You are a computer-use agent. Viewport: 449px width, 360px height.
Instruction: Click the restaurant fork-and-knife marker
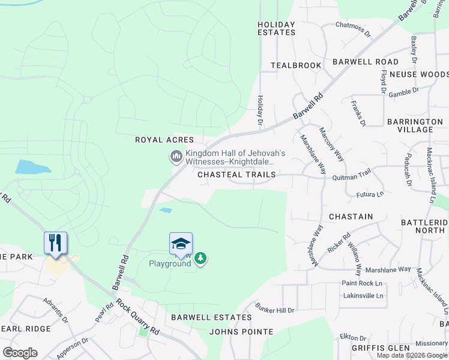click(55, 243)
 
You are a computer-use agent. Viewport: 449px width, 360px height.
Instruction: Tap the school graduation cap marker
click(181, 243)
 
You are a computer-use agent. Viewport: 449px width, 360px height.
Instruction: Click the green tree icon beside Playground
click(200, 259)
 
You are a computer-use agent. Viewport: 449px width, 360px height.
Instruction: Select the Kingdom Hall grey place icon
click(176, 157)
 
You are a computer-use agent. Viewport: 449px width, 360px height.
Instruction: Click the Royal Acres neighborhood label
click(164, 140)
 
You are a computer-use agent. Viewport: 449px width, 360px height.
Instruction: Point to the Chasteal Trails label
click(237, 175)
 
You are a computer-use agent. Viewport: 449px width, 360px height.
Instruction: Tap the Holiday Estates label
click(276, 28)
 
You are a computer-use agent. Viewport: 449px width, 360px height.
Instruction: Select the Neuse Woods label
click(418, 74)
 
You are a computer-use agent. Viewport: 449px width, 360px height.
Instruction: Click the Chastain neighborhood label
click(351, 216)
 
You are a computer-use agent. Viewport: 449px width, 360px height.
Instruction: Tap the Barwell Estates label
click(211, 317)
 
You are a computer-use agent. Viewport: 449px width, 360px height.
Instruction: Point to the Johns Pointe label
click(241, 331)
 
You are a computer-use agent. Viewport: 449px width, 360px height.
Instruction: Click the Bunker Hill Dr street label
click(274, 310)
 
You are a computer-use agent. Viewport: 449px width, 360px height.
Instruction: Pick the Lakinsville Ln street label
click(363, 296)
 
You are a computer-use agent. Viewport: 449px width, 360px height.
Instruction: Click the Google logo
click(20, 352)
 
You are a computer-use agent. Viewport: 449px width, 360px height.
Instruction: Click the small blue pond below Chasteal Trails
click(166, 210)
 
